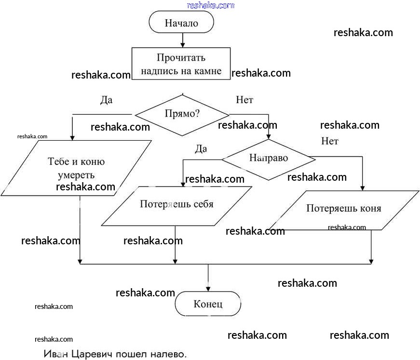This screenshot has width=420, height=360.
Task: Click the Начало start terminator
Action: click(x=181, y=23)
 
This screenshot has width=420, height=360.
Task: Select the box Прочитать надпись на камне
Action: click(x=181, y=64)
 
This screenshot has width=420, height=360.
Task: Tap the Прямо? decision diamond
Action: click(x=182, y=114)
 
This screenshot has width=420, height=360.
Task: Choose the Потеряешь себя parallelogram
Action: click(x=176, y=204)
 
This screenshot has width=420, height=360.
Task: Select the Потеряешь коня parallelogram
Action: click(x=343, y=209)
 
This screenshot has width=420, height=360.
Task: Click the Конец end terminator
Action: click(x=208, y=304)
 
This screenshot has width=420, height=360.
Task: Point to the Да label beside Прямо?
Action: click(x=106, y=100)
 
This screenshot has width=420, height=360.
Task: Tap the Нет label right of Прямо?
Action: click(x=244, y=100)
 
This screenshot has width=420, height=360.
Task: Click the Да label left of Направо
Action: click(x=201, y=149)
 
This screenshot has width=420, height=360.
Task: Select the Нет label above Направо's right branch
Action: click(x=330, y=141)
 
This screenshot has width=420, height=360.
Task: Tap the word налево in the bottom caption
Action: click(x=168, y=354)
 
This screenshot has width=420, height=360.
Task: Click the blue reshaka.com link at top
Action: click(x=210, y=6)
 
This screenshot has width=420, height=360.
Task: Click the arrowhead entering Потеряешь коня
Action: click(x=363, y=188)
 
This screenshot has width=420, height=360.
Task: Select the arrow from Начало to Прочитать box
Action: click(x=181, y=40)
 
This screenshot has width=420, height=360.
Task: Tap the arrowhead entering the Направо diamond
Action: click(x=269, y=137)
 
